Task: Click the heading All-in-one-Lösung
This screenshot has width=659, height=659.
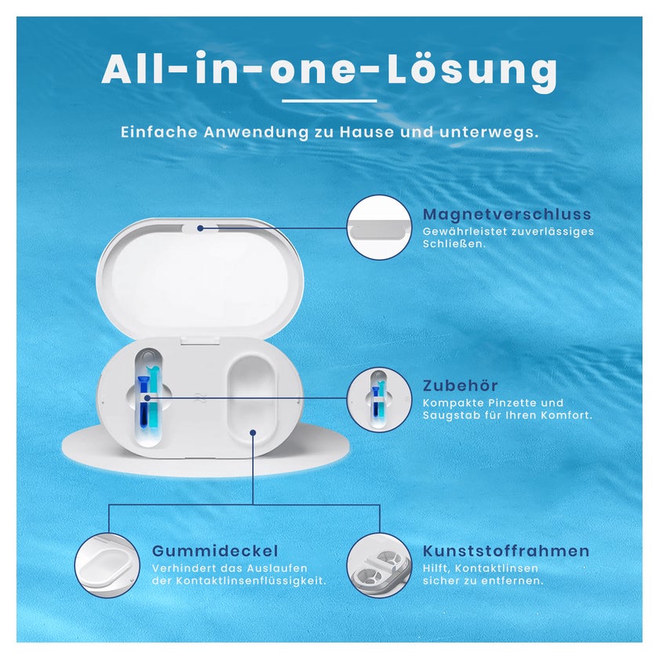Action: pos(329,69)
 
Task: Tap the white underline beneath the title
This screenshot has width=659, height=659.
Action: pos(329,101)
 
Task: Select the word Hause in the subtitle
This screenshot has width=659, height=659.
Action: pos(367,132)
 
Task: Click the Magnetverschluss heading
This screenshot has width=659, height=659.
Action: pos(507,214)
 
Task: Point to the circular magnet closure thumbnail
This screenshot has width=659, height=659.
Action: pos(380,228)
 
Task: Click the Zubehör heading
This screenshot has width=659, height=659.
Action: pos(461,385)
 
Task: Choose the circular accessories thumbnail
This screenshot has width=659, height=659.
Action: pos(380,399)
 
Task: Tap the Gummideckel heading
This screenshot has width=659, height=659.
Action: pos(215,551)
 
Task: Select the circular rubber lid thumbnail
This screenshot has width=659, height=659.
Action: pos(107,566)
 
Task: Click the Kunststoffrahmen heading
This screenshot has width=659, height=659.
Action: pos(506,551)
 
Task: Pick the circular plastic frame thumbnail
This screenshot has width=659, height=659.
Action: pos(380,566)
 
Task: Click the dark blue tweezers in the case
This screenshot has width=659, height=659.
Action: pos(144,402)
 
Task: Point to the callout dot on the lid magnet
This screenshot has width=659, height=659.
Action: pos(201,228)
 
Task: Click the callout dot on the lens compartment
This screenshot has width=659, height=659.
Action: pos(253,432)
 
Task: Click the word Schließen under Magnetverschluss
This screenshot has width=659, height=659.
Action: pos(454,244)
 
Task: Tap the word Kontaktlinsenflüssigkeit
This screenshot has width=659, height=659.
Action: pos(251,581)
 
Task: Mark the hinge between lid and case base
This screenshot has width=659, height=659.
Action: pos(201,340)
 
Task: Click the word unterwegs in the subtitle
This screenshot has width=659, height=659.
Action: pos(489,133)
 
